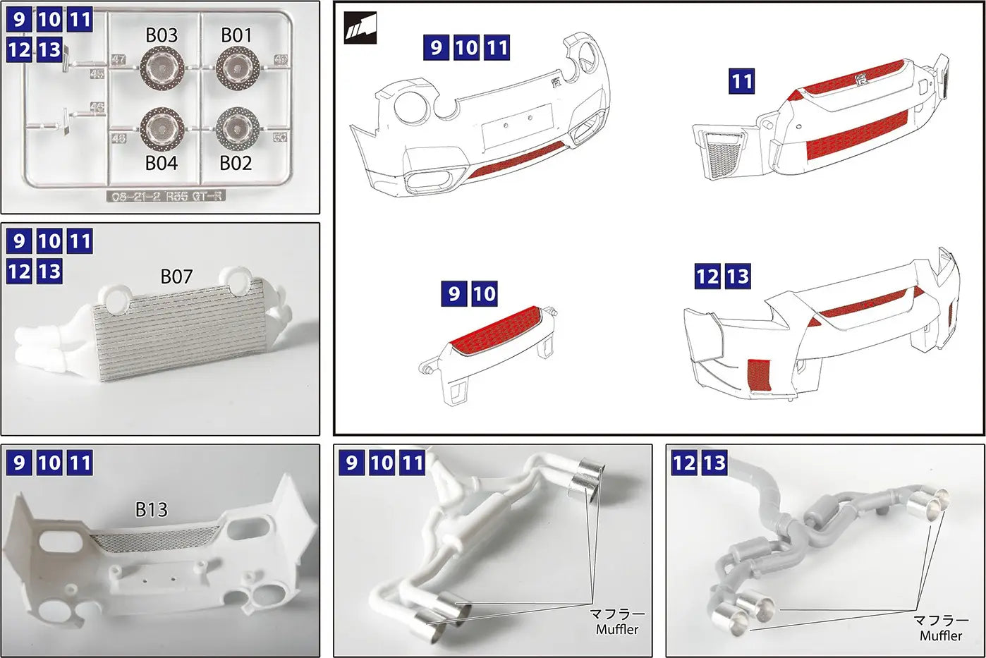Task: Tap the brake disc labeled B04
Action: point(162,128)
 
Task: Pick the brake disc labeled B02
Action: point(236,127)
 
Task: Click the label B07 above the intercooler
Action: point(176,276)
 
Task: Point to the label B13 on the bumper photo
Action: point(151,509)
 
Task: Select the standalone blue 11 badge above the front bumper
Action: point(741,82)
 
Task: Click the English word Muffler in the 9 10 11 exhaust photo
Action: point(616,629)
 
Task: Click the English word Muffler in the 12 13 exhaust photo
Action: point(940,635)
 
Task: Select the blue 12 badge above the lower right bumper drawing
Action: point(707,276)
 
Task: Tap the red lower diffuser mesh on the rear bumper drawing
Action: point(515,159)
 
